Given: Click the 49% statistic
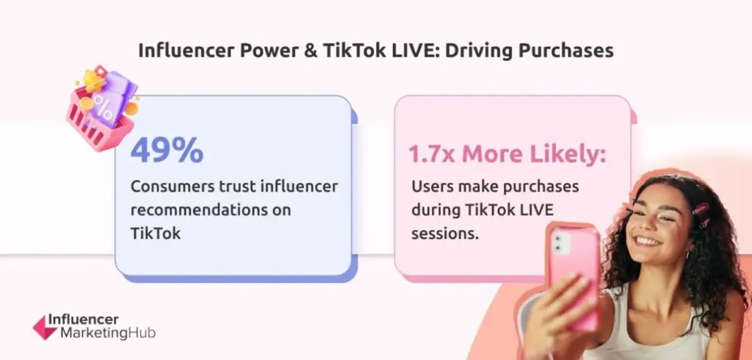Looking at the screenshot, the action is coord(167,151).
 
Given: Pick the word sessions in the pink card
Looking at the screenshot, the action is coord(445,234).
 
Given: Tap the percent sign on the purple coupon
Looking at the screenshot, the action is coord(103,108).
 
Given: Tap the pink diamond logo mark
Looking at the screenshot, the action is coord(46,328).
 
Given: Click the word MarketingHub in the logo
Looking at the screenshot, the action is coord(108,333).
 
